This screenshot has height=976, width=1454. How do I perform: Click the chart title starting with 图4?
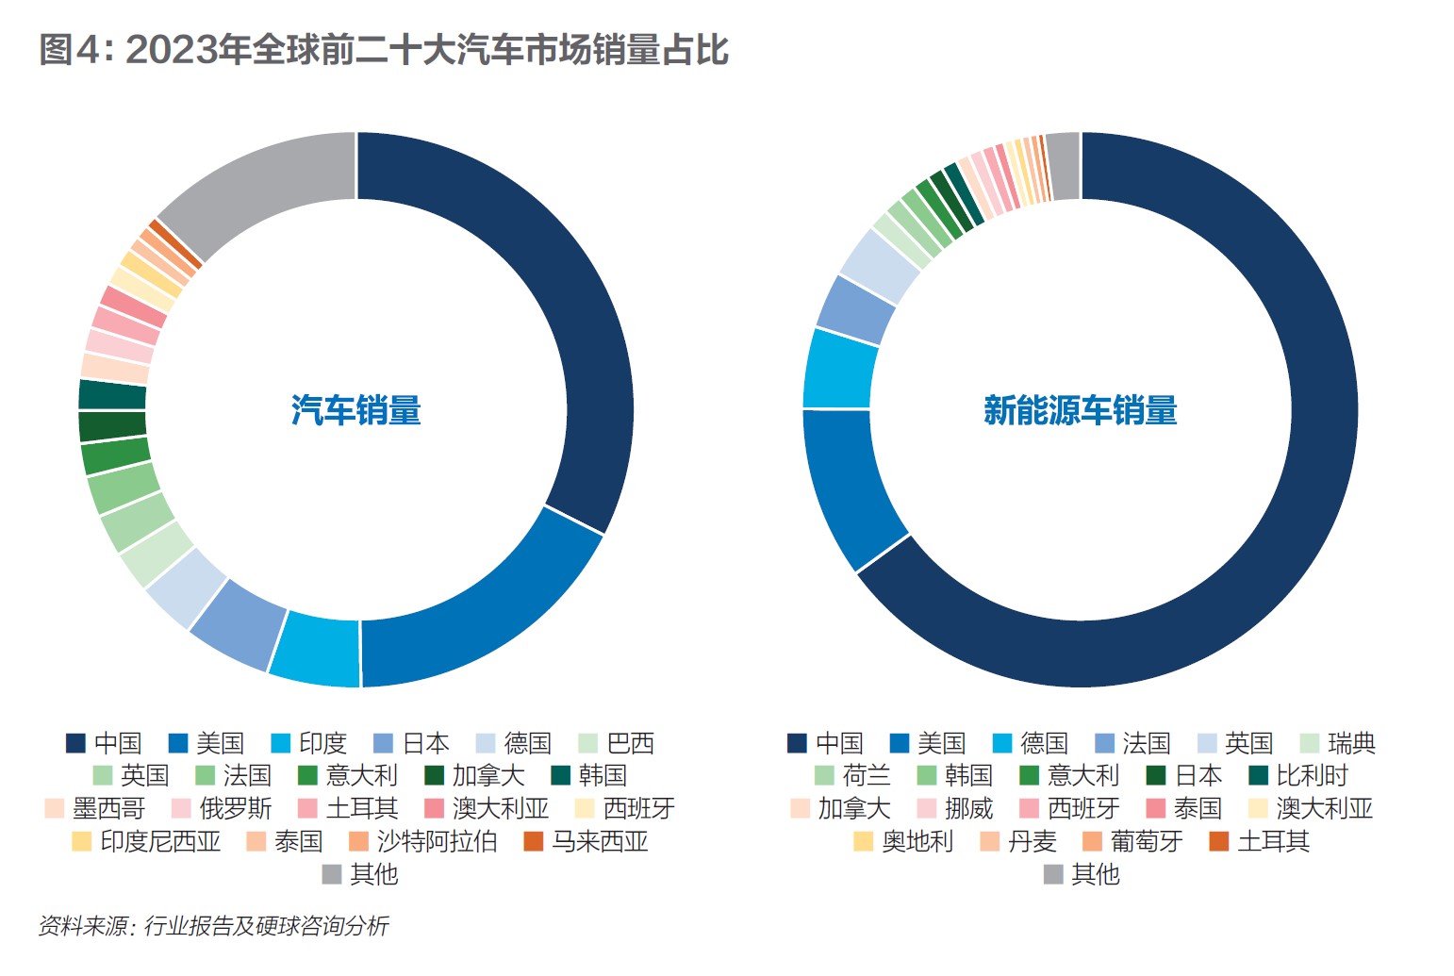(383, 50)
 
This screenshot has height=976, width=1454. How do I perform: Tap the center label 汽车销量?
(355, 410)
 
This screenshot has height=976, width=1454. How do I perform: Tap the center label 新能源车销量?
(1080, 410)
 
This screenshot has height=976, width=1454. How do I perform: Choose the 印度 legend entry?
(308, 743)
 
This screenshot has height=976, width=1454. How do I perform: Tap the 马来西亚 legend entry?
(586, 841)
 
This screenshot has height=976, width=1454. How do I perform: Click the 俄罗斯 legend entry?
(222, 808)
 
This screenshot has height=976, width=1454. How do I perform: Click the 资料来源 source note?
(213, 926)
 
